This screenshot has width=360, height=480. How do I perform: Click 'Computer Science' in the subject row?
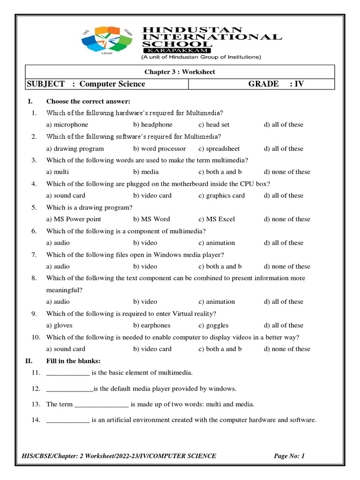112,84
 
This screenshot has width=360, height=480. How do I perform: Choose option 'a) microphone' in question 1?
67,125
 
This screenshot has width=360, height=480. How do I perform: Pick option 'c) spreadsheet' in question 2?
219,149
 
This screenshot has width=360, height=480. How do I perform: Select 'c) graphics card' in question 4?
221,195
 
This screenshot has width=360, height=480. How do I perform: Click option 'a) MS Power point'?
74,219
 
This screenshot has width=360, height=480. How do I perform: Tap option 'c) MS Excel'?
217,219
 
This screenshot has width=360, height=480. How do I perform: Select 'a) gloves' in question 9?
60,325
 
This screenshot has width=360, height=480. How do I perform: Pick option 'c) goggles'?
213,325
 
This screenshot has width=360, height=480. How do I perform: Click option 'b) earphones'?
152,325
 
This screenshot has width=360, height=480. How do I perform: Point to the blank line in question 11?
68,373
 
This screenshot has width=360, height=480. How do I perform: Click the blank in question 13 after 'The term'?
101,405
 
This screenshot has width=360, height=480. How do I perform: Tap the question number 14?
36,420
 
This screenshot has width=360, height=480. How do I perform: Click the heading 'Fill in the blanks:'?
73,361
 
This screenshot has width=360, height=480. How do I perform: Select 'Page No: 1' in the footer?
289,456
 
